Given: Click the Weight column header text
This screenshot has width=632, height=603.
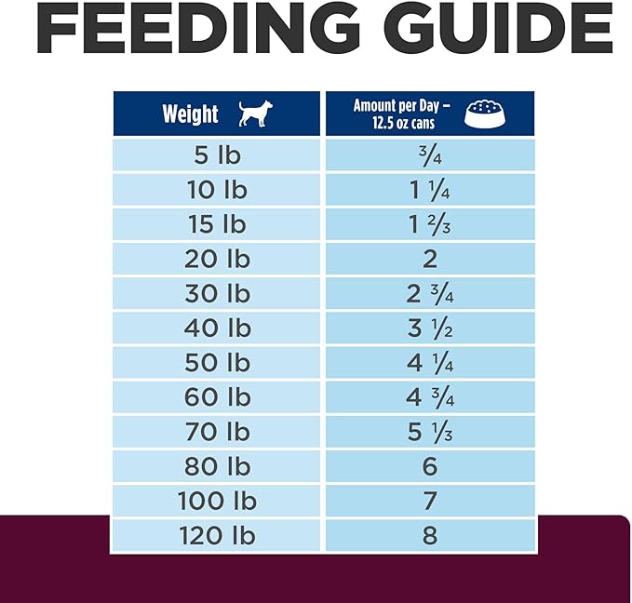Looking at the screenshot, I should (x=190, y=114).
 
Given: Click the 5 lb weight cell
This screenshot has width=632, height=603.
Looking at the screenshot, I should (x=218, y=155).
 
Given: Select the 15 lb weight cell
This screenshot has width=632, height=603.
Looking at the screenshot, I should (x=218, y=224).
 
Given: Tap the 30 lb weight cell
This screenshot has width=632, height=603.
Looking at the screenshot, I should (x=218, y=293).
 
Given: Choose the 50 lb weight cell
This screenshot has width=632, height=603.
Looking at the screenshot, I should (x=218, y=362).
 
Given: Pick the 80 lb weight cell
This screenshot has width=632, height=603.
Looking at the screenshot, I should (x=218, y=466).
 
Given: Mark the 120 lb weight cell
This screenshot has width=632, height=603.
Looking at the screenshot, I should (x=218, y=535).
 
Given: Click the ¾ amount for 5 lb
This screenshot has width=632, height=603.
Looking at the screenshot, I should (x=429, y=155).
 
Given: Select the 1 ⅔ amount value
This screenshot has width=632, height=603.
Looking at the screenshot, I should (x=429, y=224).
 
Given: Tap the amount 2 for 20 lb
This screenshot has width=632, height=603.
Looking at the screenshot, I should (x=429, y=259).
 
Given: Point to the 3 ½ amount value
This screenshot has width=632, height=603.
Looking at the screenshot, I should (x=429, y=328).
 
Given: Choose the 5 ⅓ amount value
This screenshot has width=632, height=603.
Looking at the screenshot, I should (x=429, y=432).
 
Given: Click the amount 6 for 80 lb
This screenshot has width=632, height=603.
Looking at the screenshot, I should (x=429, y=466).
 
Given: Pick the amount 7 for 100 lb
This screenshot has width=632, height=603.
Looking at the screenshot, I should (x=429, y=501).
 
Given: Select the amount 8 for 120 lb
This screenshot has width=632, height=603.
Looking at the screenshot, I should (x=429, y=535).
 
